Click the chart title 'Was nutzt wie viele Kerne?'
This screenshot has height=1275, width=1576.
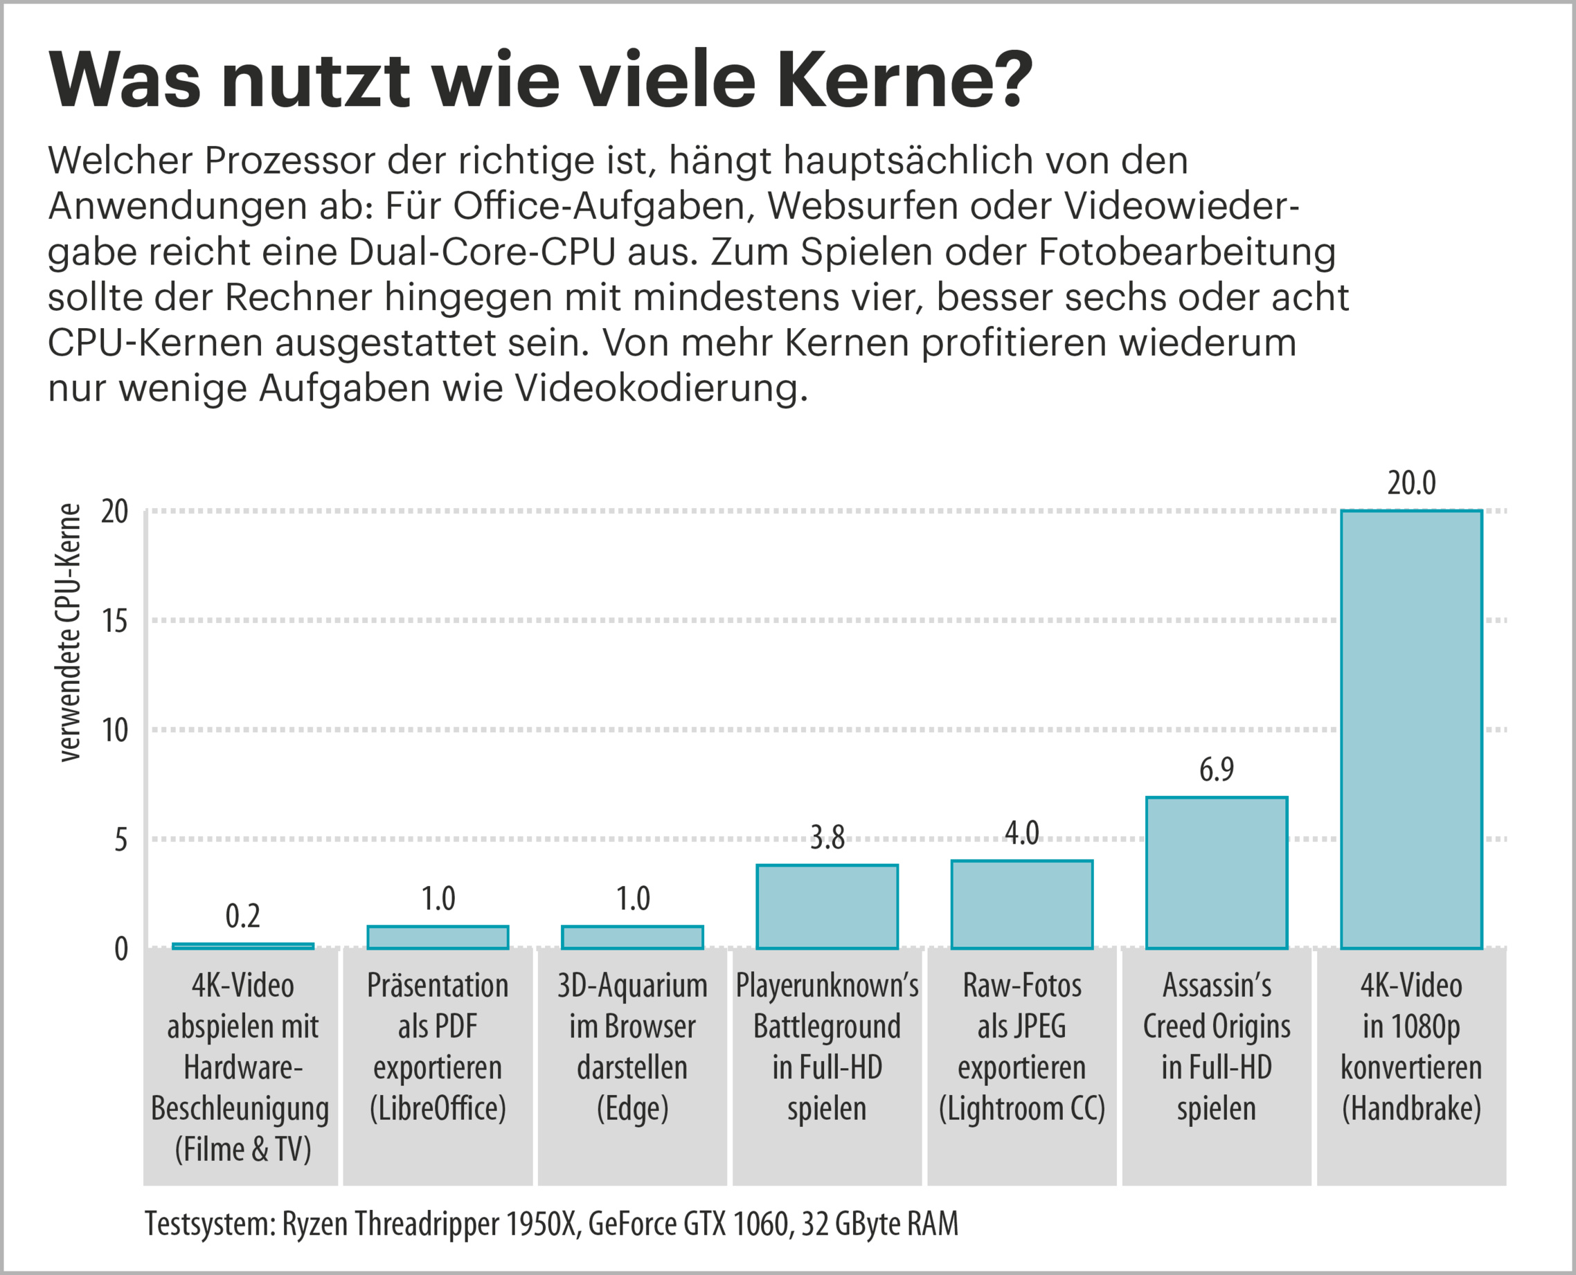tap(540, 80)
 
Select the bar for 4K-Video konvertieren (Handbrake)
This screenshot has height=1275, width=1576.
tap(1411, 729)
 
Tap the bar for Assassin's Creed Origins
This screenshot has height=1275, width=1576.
tap(1216, 873)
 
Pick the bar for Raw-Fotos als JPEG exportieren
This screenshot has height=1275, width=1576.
tap(1021, 904)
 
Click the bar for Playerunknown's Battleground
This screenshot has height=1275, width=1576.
tap(827, 906)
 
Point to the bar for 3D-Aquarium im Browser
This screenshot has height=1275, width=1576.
tap(632, 937)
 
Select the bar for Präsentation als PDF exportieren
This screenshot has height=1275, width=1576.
tap(437, 937)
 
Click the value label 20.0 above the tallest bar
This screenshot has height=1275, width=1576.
tap(1411, 482)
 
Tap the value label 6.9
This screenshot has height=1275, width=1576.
tap(1216, 769)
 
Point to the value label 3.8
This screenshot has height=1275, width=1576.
tap(827, 838)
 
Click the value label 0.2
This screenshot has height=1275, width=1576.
tap(242, 916)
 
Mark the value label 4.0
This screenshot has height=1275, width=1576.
tap(1021, 833)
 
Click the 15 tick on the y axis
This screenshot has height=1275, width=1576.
tap(115, 622)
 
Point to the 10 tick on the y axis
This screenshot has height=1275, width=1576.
tap(115, 730)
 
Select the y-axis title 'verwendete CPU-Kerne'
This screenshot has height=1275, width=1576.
tap(69, 633)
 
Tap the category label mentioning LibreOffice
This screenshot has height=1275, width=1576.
tap(437, 1046)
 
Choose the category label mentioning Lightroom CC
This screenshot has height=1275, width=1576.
tap(1021, 1046)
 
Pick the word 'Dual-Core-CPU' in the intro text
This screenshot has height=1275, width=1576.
tap(481, 252)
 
